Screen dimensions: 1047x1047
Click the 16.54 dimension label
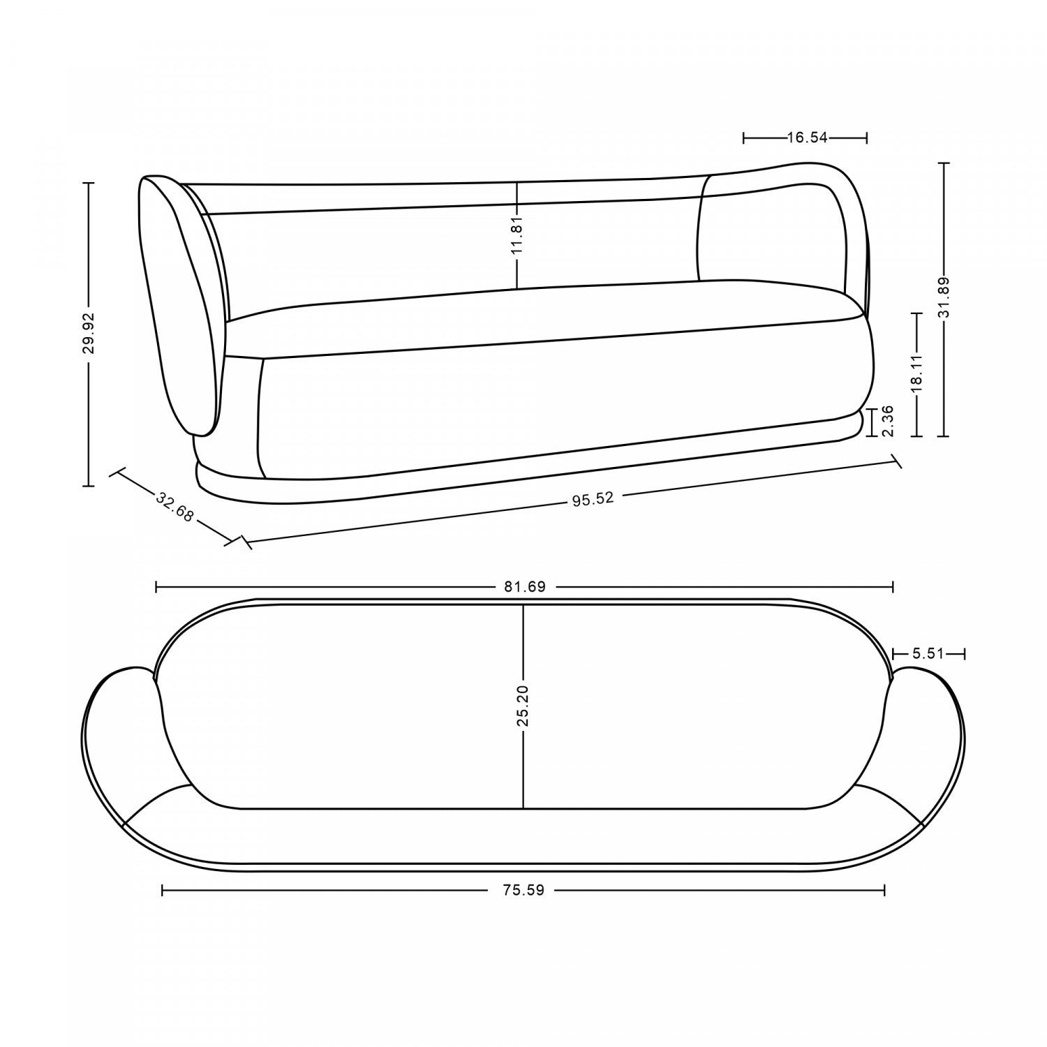pos(807,138)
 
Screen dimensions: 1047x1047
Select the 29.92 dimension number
pos(89,334)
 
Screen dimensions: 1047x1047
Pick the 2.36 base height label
pos(889,422)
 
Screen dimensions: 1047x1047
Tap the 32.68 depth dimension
pos(174,507)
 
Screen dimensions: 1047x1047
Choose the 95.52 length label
pos(593,499)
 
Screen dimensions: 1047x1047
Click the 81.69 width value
pos(524,587)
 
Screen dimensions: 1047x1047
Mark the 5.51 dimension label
pos(928,654)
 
